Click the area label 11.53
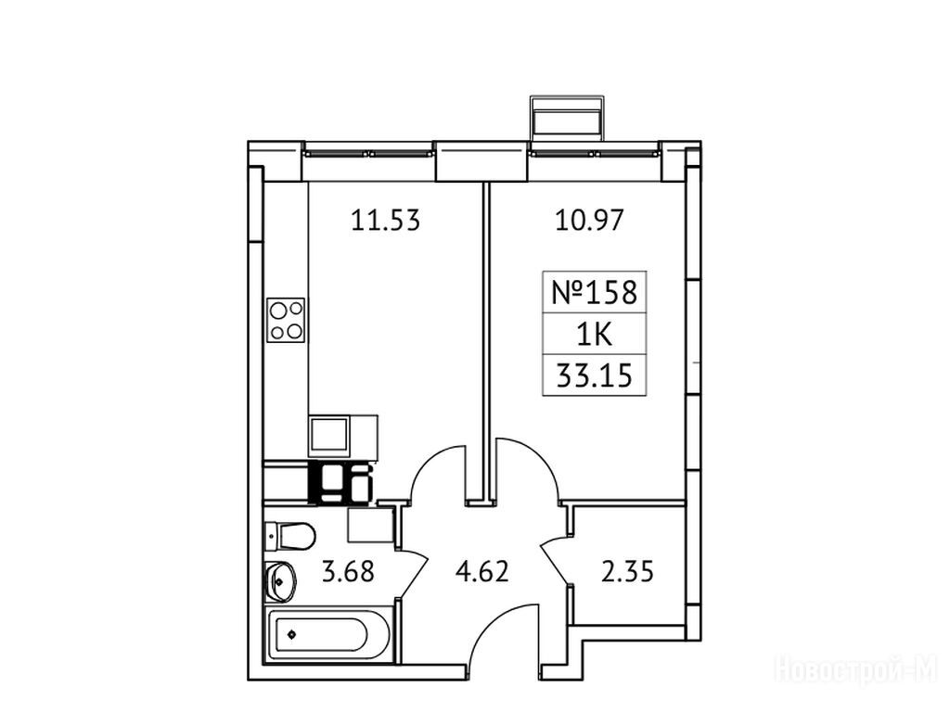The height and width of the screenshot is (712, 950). coord(385,221)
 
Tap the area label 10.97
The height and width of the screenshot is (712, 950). coord(589,221)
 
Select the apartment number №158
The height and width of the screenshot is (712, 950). coord(595,292)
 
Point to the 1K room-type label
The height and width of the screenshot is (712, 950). coord(595,334)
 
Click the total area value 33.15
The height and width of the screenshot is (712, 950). coord(595,375)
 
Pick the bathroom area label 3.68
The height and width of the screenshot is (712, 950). coord(348,571)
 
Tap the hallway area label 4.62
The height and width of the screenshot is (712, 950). coord(482,571)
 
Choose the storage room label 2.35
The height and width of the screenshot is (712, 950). coord(627,571)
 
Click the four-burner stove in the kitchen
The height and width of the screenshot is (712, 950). coord(286,320)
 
